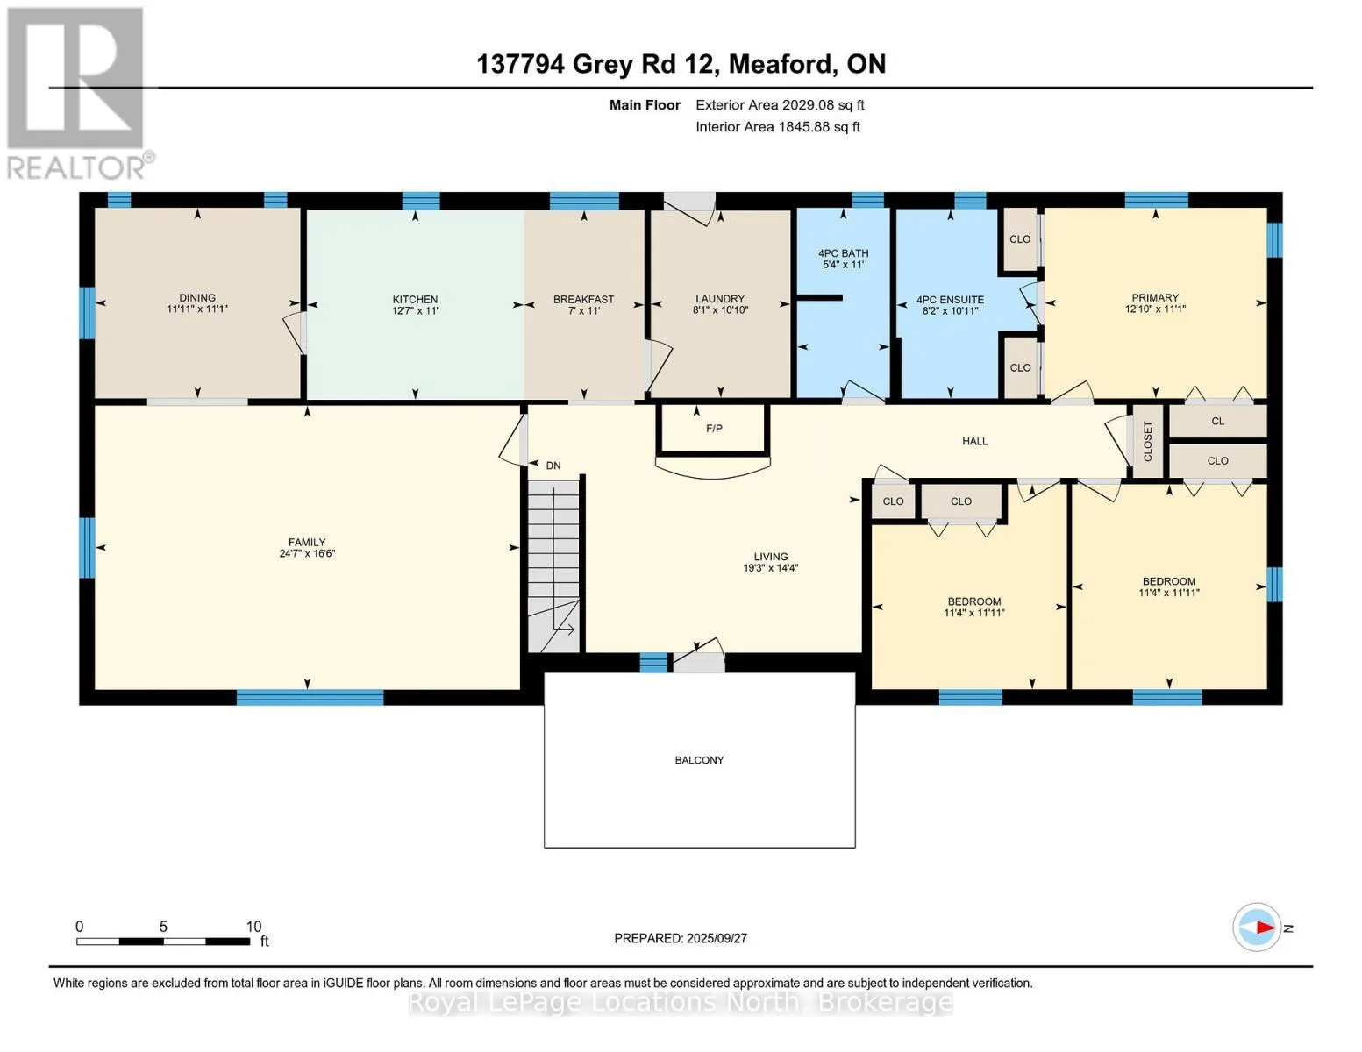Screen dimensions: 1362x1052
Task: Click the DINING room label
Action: (196, 297)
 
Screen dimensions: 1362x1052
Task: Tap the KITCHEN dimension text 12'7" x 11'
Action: (415, 310)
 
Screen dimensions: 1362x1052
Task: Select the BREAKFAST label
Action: (583, 300)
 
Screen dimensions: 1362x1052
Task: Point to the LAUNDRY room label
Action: (719, 299)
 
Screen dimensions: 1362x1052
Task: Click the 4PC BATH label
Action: (843, 253)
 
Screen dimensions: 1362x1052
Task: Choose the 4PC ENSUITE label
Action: (950, 300)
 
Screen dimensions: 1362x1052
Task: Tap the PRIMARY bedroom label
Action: (1155, 297)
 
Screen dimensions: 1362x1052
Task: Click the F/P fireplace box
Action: (713, 430)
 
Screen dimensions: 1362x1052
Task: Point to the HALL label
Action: (974, 441)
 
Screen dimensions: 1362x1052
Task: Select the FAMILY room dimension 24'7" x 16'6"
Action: (307, 554)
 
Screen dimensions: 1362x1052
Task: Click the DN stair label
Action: (553, 466)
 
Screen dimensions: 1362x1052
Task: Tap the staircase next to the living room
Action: (553, 565)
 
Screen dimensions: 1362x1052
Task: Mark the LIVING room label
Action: (770, 557)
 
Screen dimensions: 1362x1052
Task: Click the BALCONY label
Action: (699, 760)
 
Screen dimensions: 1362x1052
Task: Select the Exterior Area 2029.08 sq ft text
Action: (780, 105)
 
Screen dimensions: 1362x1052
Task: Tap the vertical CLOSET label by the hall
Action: (1148, 441)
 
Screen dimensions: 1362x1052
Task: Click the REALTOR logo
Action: (78, 94)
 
